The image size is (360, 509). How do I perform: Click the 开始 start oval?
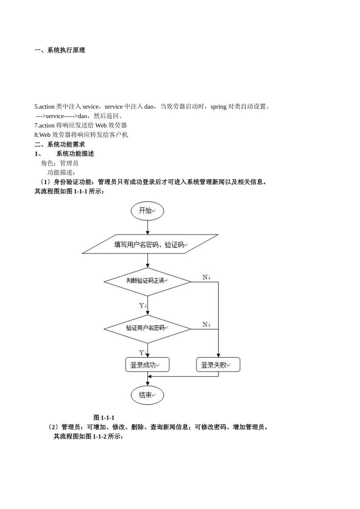[x=147, y=211]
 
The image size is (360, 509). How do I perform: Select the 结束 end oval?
[x=147, y=395]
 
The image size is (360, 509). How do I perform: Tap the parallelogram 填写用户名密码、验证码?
[x=150, y=244]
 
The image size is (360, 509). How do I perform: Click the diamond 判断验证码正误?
[x=147, y=281]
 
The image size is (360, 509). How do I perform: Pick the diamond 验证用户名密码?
[x=147, y=328]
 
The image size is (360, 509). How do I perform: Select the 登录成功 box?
[x=147, y=365]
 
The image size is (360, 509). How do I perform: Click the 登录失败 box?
[x=218, y=365]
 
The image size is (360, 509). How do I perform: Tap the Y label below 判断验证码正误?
[x=142, y=306]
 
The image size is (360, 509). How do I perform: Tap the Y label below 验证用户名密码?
[x=142, y=353]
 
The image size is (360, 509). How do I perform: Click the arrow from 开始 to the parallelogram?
[x=147, y=227]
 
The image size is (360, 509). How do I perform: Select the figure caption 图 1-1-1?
[x=104, y=417]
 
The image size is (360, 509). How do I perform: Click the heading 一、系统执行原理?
[x=60, y=50]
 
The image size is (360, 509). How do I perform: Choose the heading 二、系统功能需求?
[x=60, y=144]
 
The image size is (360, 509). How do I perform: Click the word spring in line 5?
[x=218, y=107]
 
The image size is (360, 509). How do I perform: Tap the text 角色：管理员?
[x=60, y=163]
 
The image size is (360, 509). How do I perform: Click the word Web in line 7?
[x=101, y=125]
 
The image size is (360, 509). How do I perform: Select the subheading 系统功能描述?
[x=75, y=154]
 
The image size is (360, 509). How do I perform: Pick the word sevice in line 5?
[x=90, y=107]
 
